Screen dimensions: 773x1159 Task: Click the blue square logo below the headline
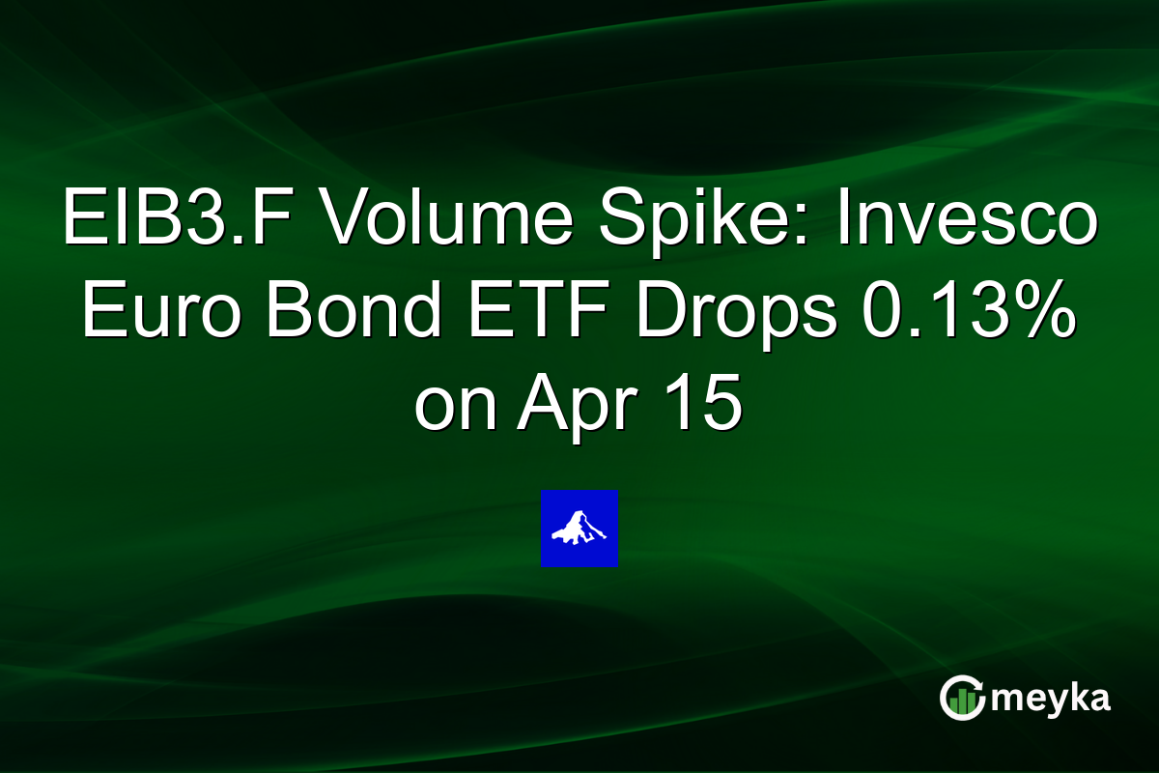[579, 529]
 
